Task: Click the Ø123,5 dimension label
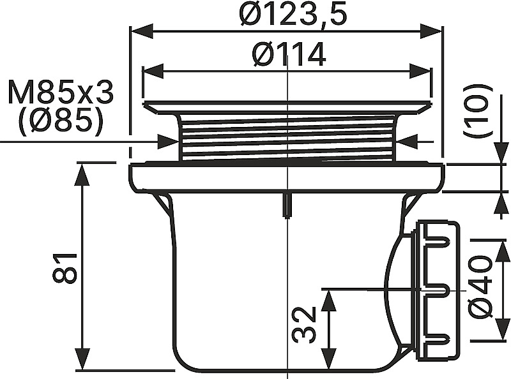click(x=293, y=15)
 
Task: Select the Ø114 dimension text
click(x=289, y=54)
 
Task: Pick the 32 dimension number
click(x=304, y=324)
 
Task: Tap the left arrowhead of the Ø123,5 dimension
click(x=141, y=31)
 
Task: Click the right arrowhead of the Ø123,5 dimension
click(x=431, y=31)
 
